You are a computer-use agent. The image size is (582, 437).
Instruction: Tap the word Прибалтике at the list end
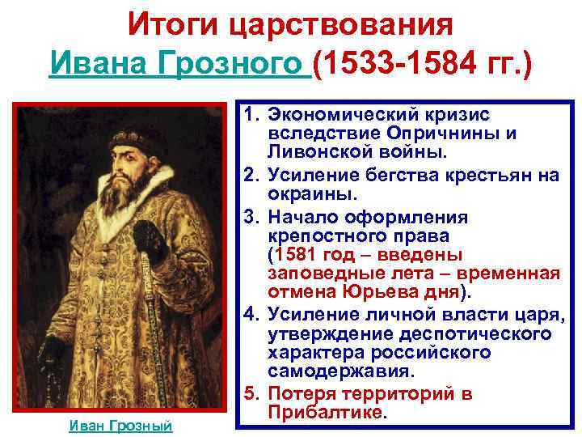328,413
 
